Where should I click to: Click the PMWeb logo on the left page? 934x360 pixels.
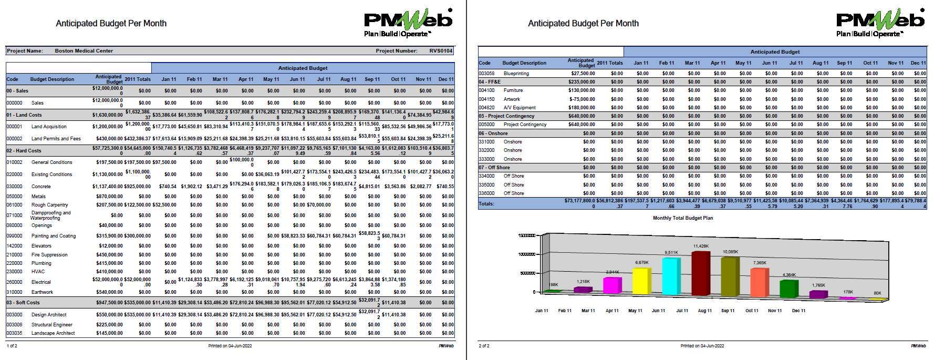408,24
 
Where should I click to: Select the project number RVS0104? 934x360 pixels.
440,51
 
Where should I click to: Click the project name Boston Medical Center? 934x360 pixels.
84,51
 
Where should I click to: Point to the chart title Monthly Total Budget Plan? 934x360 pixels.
682,218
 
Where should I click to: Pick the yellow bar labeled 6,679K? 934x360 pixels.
642,281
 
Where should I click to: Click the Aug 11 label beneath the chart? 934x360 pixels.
705,311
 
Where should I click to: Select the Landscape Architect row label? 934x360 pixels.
53,333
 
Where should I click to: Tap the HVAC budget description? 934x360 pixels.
38,272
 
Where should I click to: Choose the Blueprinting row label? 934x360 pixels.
516,74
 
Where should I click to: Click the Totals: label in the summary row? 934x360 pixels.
486,203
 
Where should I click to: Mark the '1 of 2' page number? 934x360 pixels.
12,346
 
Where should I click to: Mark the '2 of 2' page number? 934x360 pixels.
484,346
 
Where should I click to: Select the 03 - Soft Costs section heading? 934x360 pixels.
23,303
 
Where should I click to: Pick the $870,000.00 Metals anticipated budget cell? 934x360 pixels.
109,197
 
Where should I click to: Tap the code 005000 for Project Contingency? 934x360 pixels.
486,125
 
